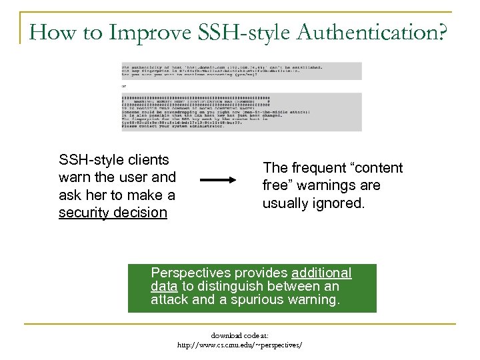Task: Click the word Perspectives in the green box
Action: coord(188,273)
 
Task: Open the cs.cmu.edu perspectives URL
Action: coord(239,345)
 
